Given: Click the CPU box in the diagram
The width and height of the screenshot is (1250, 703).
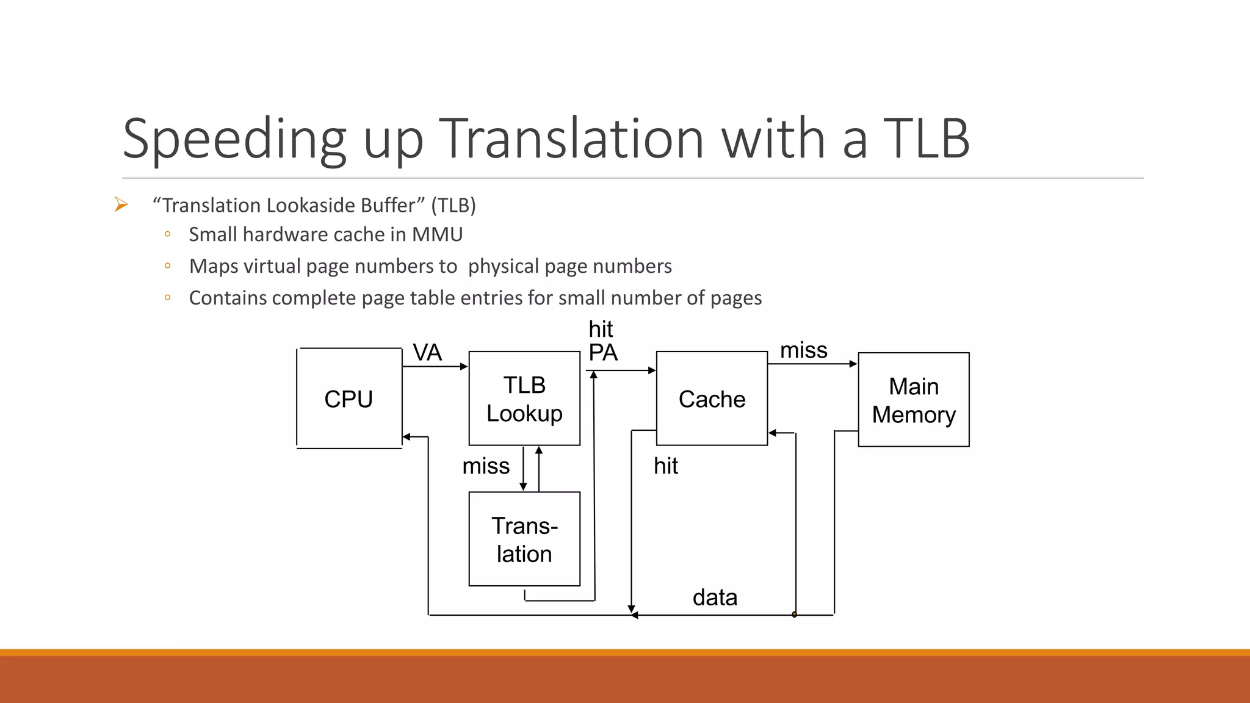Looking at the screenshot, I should point(349,398).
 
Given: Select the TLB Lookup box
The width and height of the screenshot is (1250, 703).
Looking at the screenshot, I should point(524,398).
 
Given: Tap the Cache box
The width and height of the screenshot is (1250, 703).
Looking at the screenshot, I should point(712,398).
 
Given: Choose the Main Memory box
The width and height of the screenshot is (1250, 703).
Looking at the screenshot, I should point(914,400).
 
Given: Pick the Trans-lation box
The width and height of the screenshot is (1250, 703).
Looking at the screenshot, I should point(524,539).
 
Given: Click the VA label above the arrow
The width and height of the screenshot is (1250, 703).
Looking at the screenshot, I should point(427,353).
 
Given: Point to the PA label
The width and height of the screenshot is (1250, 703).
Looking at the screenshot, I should point(603,353).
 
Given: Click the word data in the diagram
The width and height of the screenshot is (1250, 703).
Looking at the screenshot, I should point(715,597).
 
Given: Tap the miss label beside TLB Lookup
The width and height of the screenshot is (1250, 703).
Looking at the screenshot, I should point(486,466).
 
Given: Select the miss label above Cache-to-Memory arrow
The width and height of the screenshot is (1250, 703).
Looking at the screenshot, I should point(804,350).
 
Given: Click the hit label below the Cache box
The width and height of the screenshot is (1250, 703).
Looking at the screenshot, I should point(666,466).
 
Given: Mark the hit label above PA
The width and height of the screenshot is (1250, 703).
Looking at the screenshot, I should point(601,330).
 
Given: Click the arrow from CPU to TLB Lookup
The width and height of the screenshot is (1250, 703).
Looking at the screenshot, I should point(435,367).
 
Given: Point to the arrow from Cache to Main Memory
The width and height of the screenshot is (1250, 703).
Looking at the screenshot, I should point(812,364).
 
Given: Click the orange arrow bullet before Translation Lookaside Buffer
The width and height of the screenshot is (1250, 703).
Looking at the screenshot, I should point(121,205).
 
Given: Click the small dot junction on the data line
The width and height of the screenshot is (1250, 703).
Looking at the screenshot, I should point(794,615).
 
